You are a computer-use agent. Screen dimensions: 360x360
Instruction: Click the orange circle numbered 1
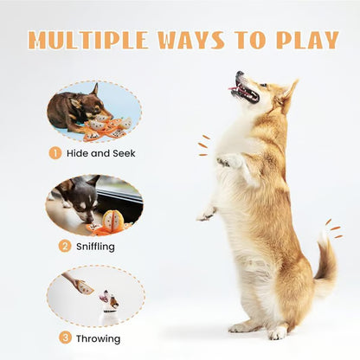(55, 153)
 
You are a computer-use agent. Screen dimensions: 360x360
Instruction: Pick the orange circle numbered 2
(64, 246)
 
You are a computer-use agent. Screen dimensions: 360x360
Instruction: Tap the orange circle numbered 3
(66, 337)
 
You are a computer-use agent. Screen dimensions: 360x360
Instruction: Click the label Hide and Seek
(101, 153)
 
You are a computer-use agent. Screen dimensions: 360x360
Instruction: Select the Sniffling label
(95, 246)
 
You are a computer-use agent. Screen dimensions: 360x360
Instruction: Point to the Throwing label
(98, 337)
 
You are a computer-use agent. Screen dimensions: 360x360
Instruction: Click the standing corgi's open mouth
(245, 90)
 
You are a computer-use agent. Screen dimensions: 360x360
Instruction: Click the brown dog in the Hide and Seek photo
(74, 107)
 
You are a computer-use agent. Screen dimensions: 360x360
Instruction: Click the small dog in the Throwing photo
(109, 304)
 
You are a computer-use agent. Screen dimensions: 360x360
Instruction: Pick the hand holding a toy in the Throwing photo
(79, 285)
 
